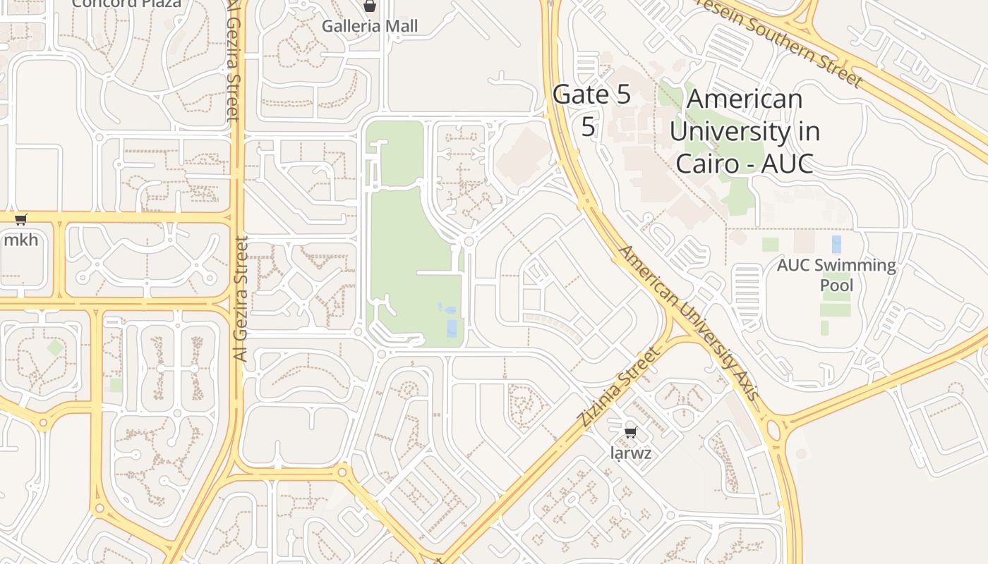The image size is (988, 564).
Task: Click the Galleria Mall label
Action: pos(370,26)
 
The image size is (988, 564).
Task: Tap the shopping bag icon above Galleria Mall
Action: pos(369,6)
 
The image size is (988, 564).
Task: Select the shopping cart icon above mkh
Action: pos(20,220)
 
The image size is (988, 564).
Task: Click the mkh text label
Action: pos(20,240)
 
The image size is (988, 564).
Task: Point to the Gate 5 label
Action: pos(591,94)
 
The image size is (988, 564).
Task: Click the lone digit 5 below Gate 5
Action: pos(588,127)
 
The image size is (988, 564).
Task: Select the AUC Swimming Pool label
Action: pos(836,275)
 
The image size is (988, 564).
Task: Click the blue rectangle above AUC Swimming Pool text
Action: pos(836,245)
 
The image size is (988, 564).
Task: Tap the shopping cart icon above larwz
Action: pos(631,432)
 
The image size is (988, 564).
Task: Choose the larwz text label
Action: pos(631,453)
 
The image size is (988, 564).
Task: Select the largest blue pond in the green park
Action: pos(452,329)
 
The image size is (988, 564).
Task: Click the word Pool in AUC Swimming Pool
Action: pos(836,285)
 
